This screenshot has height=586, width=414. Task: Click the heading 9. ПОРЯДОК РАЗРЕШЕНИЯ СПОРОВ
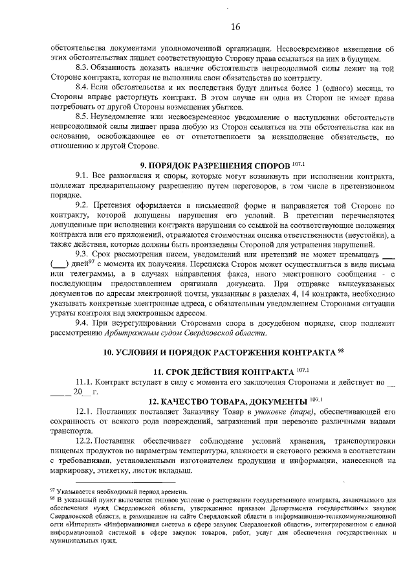213,165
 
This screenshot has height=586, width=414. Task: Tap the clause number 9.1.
82,176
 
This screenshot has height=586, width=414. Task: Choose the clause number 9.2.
82,205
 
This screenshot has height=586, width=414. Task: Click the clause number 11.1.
85,383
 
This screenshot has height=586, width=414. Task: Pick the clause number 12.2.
85,442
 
